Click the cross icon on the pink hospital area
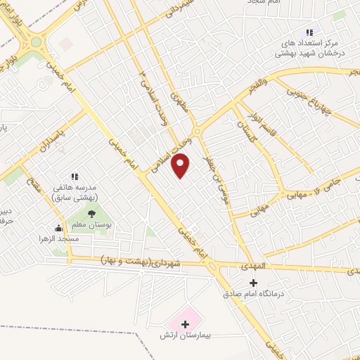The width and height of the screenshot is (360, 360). [x=186, y=324]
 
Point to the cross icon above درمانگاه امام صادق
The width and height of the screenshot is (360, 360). [x=255, y=283]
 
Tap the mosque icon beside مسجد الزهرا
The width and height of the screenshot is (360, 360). [x=58, y=228]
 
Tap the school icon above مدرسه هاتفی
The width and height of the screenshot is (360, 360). [x=75, y=177]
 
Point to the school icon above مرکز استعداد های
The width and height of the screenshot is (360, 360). [x=309, y=32]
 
